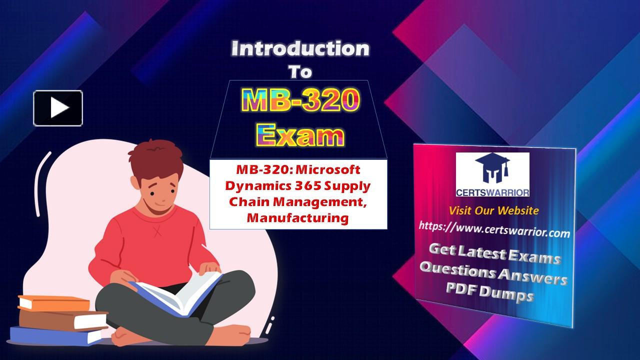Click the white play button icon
point(58,108)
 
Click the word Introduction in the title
point(300,49)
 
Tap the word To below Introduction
point(300,72)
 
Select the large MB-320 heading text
point(300,100)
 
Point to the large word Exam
point(300,134)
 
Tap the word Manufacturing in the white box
point(297,217)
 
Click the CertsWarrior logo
point(492,174)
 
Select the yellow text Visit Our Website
point(493,210)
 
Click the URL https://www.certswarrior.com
point(494,229)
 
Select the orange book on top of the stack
point(53,303)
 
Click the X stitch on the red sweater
point(157,231)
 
